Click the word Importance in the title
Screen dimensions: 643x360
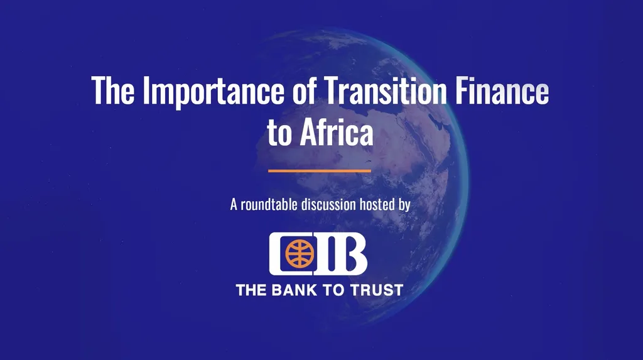pos(213,91)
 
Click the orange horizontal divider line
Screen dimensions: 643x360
pos(320,171)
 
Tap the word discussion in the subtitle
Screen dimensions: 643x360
pos(328,204)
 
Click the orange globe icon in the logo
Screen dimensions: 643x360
pos(300,253)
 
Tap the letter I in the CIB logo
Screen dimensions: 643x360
pos(324,254)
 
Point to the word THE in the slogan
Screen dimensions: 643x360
pos(251,290)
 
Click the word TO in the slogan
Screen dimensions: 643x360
pos(333,290)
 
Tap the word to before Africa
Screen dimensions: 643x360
pos(279,134)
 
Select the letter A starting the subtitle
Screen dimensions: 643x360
pos(234,204)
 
